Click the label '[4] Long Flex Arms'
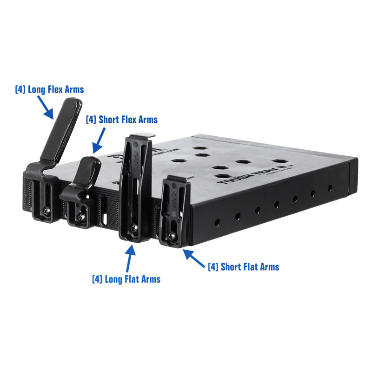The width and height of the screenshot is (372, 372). point(49,89)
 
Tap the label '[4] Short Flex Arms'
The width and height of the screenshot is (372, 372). point(121,120)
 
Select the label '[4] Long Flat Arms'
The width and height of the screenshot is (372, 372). point(126,279)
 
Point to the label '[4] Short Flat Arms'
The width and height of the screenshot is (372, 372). point(243,266)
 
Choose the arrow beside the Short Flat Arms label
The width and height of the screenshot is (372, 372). point(193,257)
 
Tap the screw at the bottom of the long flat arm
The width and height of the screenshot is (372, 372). point(134,228)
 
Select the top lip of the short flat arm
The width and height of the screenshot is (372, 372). point(179,179)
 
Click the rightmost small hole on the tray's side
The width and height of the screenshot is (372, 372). point(330,188)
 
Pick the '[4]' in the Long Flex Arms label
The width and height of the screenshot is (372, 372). point(20,89)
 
